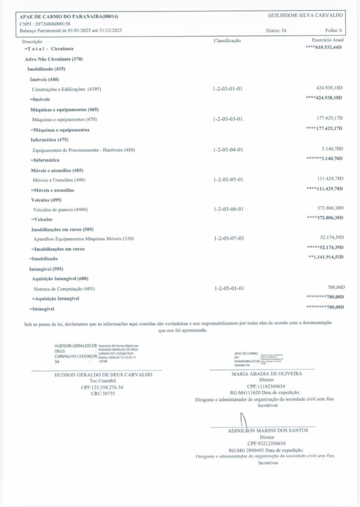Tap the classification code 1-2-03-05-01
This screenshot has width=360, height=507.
[227, 179]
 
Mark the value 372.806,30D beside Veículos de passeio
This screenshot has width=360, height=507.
[329, 208]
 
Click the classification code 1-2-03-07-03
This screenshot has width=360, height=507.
[227, 239]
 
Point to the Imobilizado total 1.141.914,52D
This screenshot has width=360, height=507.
[325, 257]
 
